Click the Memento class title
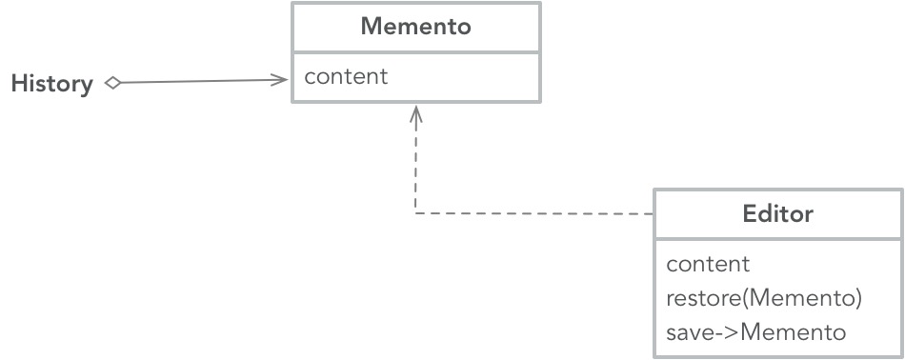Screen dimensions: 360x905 tap(415, 27)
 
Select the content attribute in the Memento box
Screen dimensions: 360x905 tap(346, 77)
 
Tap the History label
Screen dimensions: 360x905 tap(51, 84)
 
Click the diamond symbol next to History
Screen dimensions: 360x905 tap(112, 83)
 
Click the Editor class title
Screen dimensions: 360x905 tap(777, 213)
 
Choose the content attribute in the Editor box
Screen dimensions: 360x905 tap(708, 264)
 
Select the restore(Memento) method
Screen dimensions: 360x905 tap(764, 298)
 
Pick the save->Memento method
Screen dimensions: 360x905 tap(755, 332)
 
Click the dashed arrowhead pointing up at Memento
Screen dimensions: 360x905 tap(415, 113)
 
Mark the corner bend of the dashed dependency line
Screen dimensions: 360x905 tap(415, 213)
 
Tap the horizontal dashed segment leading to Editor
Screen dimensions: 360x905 tap(533, 213)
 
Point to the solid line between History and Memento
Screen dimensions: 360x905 tap(200, 82)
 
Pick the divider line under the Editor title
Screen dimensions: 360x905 tap(777, 239)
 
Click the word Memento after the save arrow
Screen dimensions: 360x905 tap(793, 332)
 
